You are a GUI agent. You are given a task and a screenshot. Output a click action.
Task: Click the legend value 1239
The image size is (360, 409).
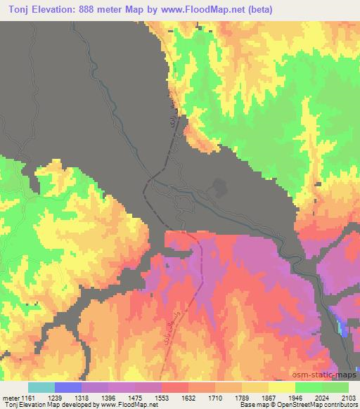click(x=68, y=397)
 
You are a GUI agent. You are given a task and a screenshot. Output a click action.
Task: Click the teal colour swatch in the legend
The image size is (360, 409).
click(x=41, y=387)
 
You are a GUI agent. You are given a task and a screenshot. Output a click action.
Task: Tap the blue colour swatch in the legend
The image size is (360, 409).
click(x=68, y=387)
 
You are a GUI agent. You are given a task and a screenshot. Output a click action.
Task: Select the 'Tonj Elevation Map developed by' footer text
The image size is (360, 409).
click(x=42, y=405)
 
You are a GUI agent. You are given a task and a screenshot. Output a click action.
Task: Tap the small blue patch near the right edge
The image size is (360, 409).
click(x=342, y=326)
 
